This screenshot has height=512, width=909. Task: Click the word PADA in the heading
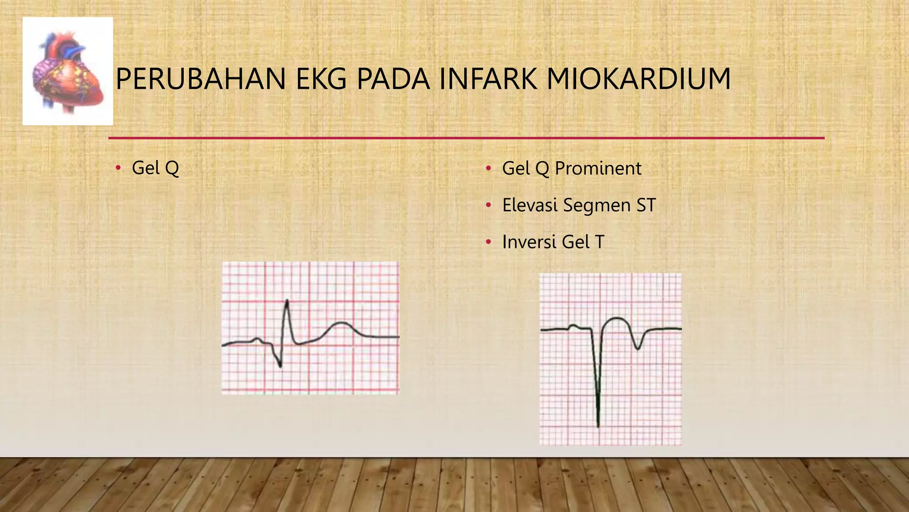[393, 79]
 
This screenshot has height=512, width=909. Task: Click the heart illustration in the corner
[68, 71]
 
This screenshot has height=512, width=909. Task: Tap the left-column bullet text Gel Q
[155, 168]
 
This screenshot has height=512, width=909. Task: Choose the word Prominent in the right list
[598, 168]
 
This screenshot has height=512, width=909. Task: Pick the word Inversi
[529, 242]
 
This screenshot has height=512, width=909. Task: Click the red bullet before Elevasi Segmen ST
[488, 205]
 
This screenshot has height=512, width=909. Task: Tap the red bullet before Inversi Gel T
[488, 242]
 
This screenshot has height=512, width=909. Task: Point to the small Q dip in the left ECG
[280, 365]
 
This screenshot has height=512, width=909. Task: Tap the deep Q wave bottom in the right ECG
[598, 424]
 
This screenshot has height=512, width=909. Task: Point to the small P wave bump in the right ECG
[574, 326]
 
